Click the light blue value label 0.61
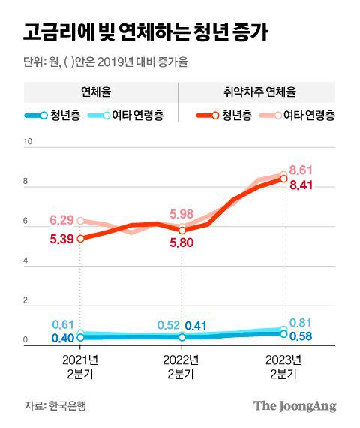click(63, 324)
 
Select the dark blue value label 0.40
click(63, 338)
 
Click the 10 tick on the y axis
click(28, 142)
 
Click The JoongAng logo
click(294, 406)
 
